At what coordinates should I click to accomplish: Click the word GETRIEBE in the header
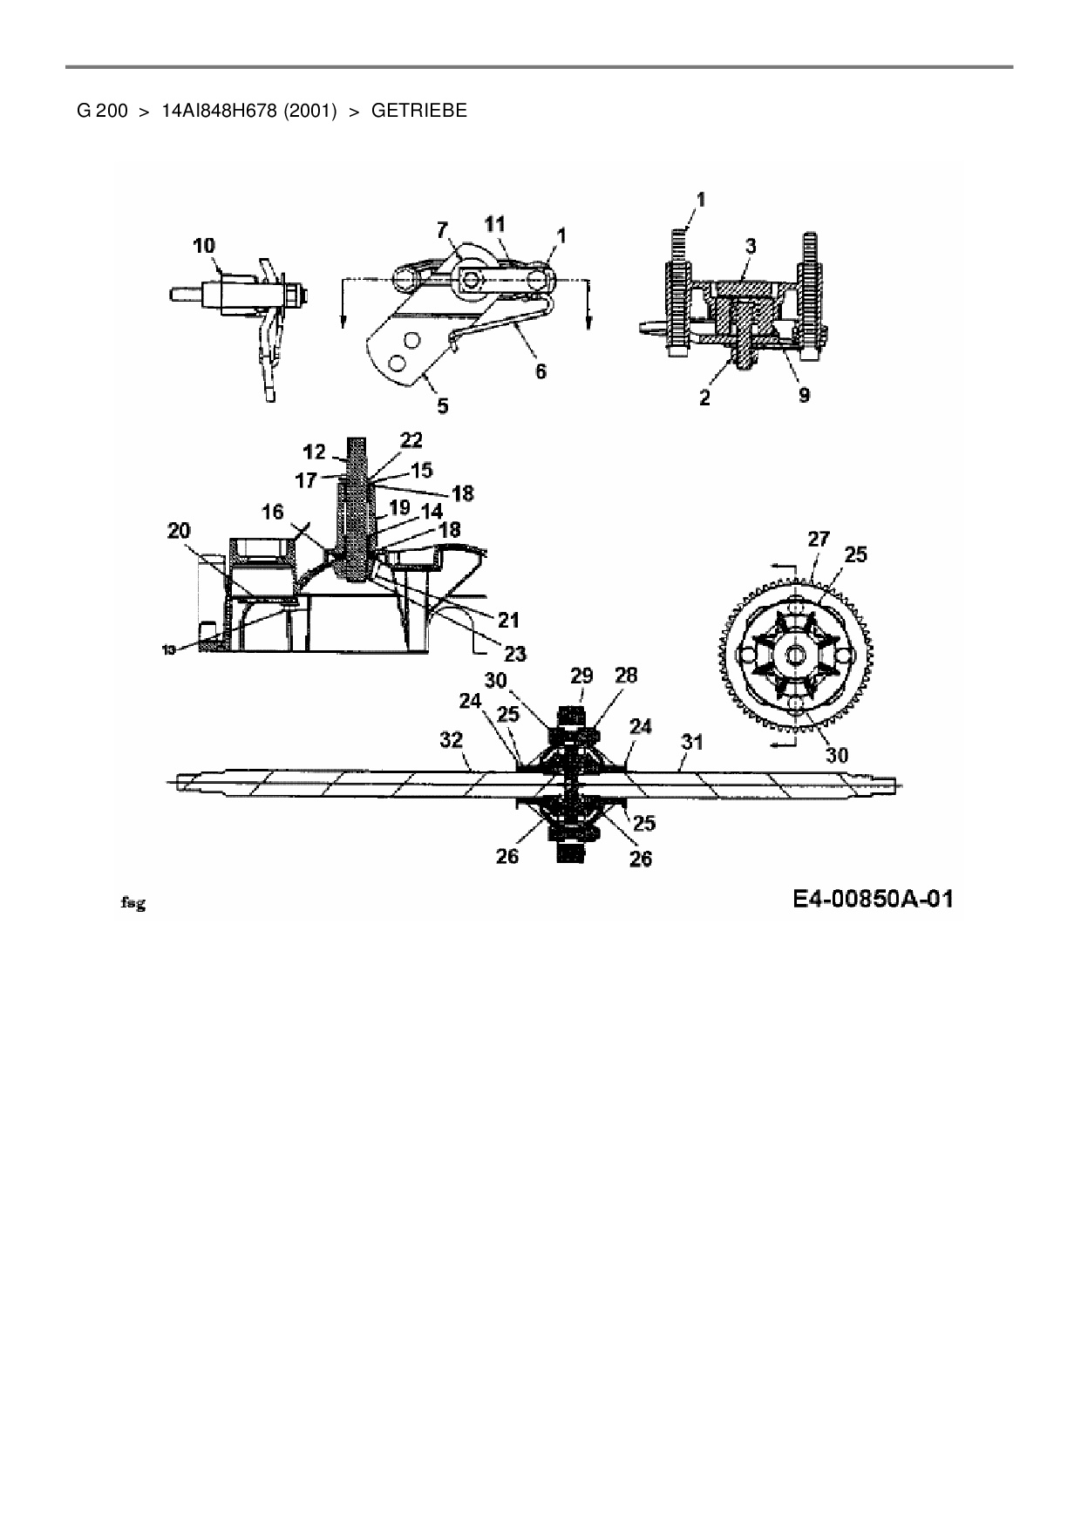[418, 111]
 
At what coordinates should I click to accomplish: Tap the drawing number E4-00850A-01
[873, 899]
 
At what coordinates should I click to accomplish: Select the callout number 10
[204, 246]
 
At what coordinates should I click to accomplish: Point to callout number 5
[443, 405]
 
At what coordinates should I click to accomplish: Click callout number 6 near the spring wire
[540, 371]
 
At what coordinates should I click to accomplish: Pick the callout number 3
[751, 246]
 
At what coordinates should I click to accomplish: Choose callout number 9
[804, 395]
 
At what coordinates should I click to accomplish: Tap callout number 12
[315, 452]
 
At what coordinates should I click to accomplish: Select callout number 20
[179, 531]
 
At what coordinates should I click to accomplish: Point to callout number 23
[514, 653]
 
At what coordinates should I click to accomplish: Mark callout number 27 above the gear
[818, 540]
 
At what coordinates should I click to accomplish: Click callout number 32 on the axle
[451, 740]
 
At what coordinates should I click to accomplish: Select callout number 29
[581, 676]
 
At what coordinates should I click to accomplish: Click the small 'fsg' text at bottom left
[132, 904]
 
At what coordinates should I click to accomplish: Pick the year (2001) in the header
[309, 111]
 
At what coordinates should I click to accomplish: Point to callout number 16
[273, 512]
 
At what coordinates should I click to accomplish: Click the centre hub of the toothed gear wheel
[796, 655]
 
